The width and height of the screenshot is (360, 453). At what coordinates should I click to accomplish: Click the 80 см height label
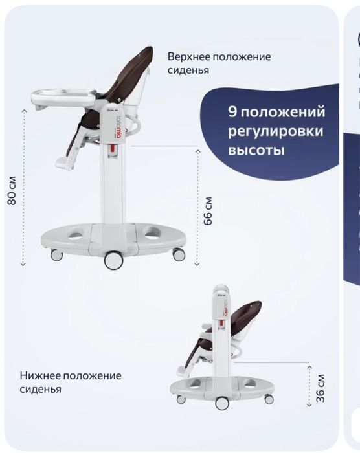(12, 190)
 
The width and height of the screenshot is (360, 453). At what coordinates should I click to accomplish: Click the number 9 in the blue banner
(232, 111)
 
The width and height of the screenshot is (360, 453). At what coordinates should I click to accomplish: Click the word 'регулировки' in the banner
(276, 131)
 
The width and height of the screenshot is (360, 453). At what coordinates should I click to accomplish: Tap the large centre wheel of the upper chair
(114, 260)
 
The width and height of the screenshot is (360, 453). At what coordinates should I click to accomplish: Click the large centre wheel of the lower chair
(222, 403)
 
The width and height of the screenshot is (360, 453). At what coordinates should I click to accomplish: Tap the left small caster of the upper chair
(57, 254)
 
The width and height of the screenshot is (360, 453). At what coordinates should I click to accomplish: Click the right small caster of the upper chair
(179, 254)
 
